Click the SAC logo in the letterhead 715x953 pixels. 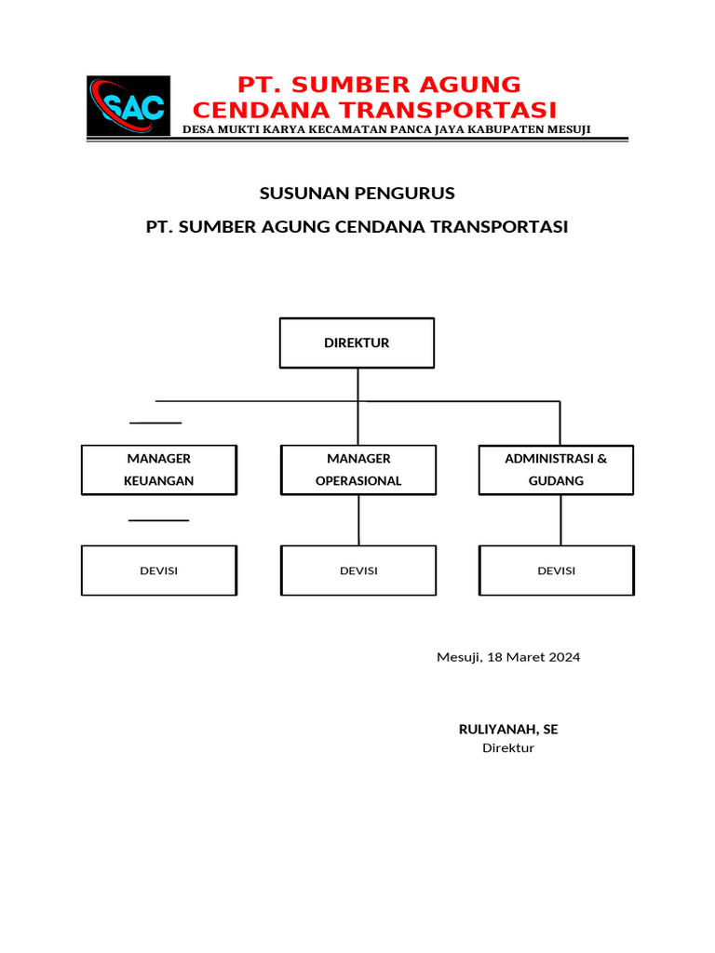pos(128,106)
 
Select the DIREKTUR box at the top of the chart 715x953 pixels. pos(357,342)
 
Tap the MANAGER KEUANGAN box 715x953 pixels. pos(159,470)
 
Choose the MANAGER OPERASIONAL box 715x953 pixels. pos(358,470)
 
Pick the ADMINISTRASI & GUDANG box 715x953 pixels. pos(556,470)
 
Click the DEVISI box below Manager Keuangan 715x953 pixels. pos(159,570)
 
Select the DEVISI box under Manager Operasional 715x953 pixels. pos(358,570)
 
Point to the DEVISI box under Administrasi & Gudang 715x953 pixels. pos(556,570)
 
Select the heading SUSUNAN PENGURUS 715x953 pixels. pos(357,194)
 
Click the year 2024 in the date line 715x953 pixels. pos(564,657)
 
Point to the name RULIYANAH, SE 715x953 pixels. pos(508,730)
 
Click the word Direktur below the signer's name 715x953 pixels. pos(508,748)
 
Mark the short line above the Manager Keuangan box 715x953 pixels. pos(155,423)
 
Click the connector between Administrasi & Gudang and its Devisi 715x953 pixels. pos(560,520)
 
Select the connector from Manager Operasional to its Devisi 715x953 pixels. pos(358,520)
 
